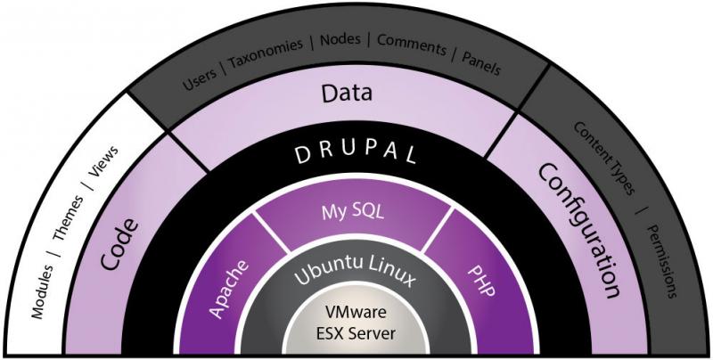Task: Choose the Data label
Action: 347,93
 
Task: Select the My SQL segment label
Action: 348,210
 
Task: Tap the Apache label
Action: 229,285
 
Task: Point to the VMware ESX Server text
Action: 355,324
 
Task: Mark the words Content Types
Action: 604,158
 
